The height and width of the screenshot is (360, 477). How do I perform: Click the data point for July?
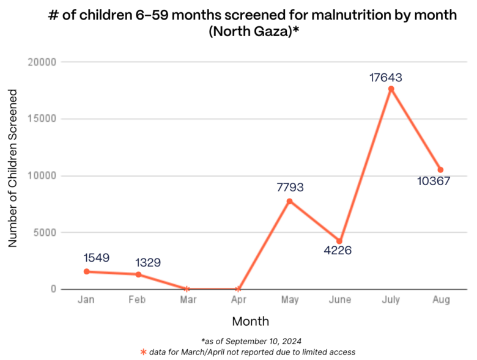[391, 89]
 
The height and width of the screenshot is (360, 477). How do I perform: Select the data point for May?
[289, 201]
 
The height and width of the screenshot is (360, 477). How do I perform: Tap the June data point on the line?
[340, 241]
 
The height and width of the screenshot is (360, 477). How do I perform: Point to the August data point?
[441, 170]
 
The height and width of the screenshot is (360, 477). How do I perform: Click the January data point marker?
[87, 271]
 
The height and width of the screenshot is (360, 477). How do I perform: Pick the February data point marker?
[138, 274]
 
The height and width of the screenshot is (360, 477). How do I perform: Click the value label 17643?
[385, 78]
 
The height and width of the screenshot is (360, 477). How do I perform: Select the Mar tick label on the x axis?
[188, 300]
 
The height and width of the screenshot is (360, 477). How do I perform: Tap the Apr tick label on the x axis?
[239, 300]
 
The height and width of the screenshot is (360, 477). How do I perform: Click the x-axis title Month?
[250, 321]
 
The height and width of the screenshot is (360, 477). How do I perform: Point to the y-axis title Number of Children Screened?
[12, 167]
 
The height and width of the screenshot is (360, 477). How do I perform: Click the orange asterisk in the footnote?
[144, 352]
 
